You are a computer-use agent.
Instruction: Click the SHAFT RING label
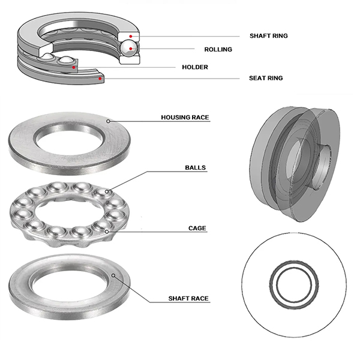268,36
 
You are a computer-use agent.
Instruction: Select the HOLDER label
195,67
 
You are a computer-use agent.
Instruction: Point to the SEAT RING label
266,78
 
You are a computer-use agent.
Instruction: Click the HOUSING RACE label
185,118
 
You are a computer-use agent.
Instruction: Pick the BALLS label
196,169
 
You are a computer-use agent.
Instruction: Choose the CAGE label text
197,228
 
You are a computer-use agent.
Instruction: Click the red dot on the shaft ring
130,36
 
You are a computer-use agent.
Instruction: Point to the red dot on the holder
74,67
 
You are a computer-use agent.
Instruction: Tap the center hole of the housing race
69,139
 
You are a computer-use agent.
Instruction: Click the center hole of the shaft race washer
69,283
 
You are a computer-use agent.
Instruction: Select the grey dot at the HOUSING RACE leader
109,121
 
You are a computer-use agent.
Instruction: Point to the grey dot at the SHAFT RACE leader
113,276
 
